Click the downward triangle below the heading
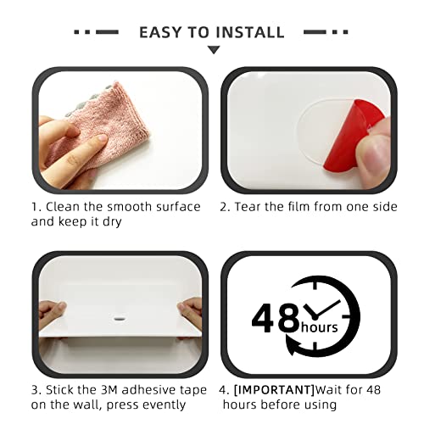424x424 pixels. (x=214, y=50)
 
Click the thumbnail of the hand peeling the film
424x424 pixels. (x=309, y=130)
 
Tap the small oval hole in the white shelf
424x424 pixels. (x=120, y=319)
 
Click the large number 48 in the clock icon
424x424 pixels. (x=275, y=318)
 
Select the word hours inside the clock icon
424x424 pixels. (x=320, y=327)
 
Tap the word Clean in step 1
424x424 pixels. (x=63, y=207)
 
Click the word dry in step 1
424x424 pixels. (x=112, y=222)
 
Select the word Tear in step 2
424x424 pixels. (x=248, y=207)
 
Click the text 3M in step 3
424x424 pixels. (x=109, y=390)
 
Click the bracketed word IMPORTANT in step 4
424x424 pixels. (x=275, y=390)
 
